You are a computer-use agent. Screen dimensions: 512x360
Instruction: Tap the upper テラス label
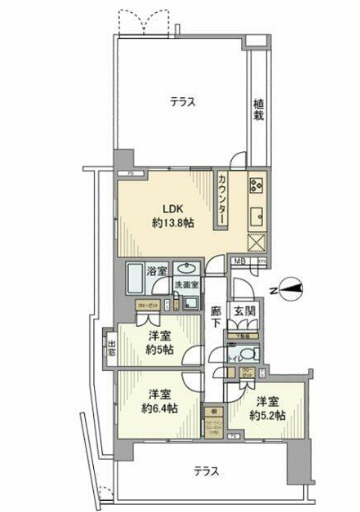[x=180, y=100]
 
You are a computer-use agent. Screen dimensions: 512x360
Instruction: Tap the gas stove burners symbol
[x=255, y=183]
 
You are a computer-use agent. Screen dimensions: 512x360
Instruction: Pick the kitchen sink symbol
[x=255, y=214]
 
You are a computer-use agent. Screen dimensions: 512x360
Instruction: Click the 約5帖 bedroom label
[x=156, y=343]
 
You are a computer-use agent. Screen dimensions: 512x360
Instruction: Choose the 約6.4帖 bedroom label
[x=158, y=401]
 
